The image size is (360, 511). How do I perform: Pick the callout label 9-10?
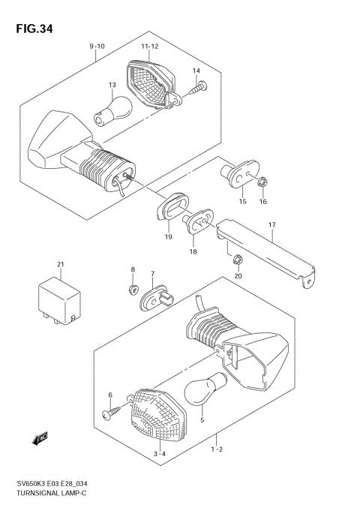pos(97,47)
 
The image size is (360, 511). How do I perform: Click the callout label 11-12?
pos(150,47)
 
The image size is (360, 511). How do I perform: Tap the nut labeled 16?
pos(262,182)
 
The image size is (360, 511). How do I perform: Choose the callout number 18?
pos(193,253)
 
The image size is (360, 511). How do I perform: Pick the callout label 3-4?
pos(158,454)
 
